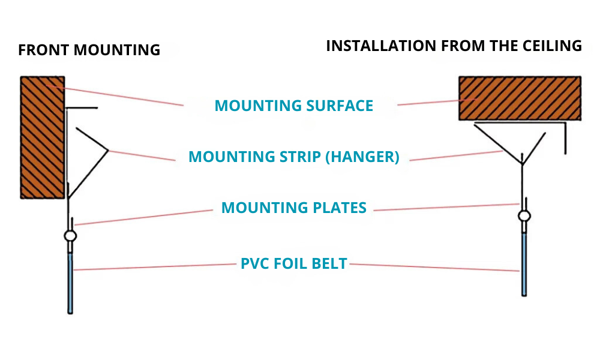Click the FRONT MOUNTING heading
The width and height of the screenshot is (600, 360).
[x=89, y=50]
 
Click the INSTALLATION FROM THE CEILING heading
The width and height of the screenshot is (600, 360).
[x=454, y=46]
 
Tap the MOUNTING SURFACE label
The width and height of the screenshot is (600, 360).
[x=294, y=106]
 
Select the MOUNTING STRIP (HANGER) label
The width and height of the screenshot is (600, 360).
[x=294, y=157]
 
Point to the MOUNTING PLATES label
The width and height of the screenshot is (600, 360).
[x=294, y=208]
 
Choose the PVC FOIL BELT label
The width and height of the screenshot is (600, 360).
[x=294, y=264]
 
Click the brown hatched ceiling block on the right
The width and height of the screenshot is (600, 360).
[x=520, y=98]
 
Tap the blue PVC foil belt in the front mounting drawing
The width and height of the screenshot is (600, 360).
[x=70, y=282]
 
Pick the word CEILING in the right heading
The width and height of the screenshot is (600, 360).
[x=551, y=46]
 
